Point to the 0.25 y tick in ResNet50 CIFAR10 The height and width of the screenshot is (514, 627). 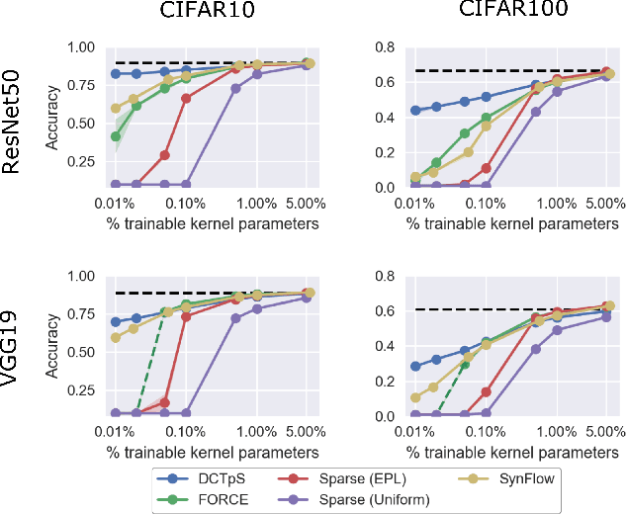[x=85, y=160]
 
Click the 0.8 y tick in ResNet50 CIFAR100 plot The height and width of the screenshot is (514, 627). [x=383, y=47]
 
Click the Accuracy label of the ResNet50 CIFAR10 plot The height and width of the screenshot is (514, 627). [x=51, y=118]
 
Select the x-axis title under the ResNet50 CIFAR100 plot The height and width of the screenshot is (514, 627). [x=512, y=223]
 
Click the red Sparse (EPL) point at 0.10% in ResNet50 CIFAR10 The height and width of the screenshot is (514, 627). [x=186, y=98]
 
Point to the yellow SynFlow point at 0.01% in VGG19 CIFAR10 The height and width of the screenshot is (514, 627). [x=116, y=337]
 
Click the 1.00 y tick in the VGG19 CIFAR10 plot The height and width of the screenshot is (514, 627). [x=85, y=276]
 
